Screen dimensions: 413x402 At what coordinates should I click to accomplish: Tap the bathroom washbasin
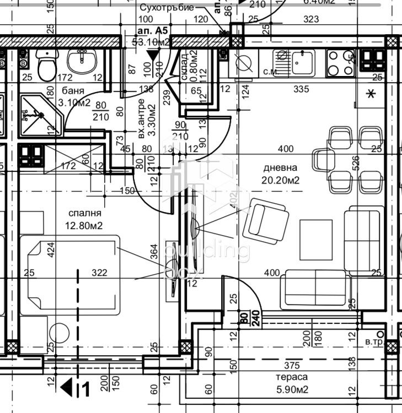[x=82, y=60]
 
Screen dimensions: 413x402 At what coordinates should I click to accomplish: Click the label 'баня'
[x=73, y=91]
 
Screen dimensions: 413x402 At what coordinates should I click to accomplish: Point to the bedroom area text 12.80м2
[x=85, y=225]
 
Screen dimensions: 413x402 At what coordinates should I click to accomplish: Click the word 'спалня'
[x=85, y=213]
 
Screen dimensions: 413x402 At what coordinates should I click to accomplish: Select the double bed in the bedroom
[x=71, y=274]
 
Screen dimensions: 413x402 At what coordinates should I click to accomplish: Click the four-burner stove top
[x=340, y=62]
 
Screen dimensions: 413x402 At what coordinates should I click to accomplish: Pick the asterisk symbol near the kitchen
[x=371, y=94]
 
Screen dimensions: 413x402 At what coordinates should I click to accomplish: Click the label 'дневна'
[x=280, y=168]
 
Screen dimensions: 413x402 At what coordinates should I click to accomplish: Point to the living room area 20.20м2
[x=280, y=180]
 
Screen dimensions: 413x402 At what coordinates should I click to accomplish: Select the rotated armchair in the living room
[x=267, y=221]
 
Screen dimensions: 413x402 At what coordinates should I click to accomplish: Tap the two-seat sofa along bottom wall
[x=315, y=290]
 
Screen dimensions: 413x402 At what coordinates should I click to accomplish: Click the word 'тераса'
[x=292, y=377]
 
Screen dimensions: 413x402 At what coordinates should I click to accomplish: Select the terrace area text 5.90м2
[x=292, y=390]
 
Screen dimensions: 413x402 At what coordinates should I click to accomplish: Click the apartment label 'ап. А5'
[x=151, y=31]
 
